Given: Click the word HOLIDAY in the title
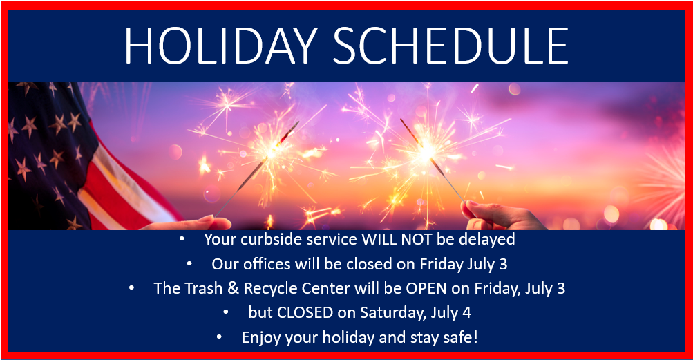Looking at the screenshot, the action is (x=220, y=46).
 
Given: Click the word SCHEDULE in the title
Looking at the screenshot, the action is (x=450, y=46).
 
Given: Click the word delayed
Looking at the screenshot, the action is (x=486, y=240).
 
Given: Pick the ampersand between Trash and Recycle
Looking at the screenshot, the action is (x=233, y=288).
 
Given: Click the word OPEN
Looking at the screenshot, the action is (x=426, y=288).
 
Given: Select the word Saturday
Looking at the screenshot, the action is (x=393, y=313).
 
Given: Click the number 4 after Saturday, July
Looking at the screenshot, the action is (x=466, y=313).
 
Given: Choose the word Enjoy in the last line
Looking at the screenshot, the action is (x=260, y=338).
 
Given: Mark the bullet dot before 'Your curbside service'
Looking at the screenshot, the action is (x=182, y=239).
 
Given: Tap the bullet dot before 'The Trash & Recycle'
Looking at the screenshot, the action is (x=132, y=288).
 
